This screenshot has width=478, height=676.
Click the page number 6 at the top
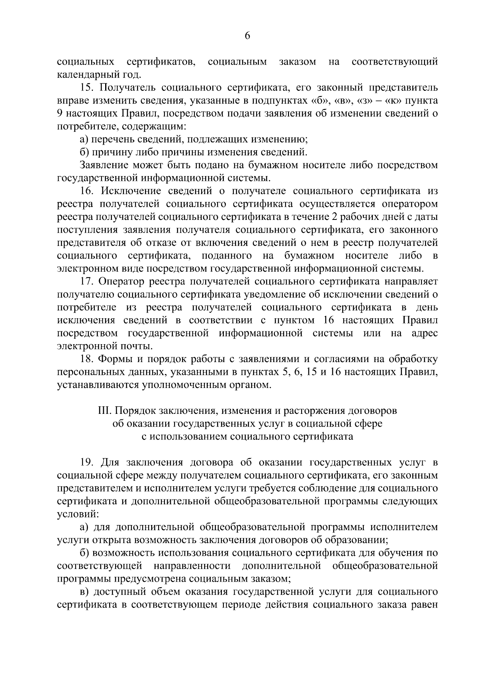click(x=247, y=36)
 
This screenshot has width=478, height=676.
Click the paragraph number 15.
click(x=86, y=88)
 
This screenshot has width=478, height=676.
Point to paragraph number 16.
click(x=86, y=191)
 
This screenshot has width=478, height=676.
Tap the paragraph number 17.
click(x=86, y=282)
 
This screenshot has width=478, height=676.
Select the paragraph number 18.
click(x=86, y=359)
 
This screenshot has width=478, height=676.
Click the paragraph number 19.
click(x=86, y=462)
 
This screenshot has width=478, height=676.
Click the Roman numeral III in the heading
click(x=104, y=411)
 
